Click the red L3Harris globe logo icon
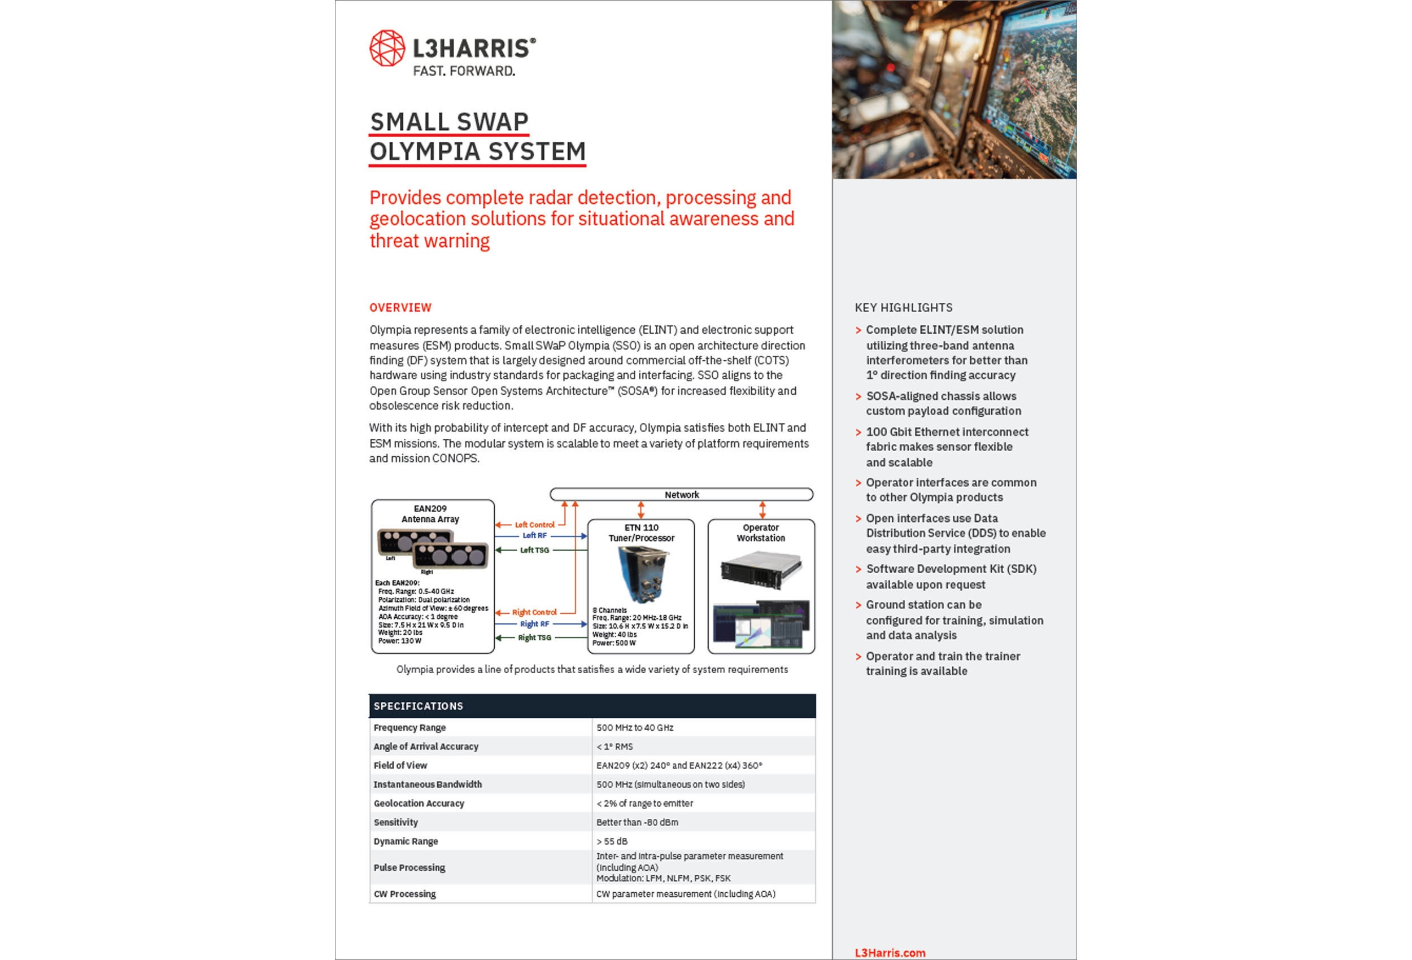[387, 48]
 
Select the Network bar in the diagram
[681, 495]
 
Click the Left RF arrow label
[535, 536]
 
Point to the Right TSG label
[535, 638]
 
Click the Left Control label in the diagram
[535, 525]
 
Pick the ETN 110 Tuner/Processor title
[641, 533]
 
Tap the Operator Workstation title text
[761, 533]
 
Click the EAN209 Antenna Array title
[430, 514]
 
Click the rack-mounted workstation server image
[761, 570]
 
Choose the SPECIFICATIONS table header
[418, 706]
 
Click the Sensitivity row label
[395, 823]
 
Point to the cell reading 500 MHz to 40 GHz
[635, 728]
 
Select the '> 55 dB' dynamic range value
[612, 841]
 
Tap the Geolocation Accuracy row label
[419, 804]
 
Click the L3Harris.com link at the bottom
[890, 953]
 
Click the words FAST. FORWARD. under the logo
[464, 71]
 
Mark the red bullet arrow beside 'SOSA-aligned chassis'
[858, 397]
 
